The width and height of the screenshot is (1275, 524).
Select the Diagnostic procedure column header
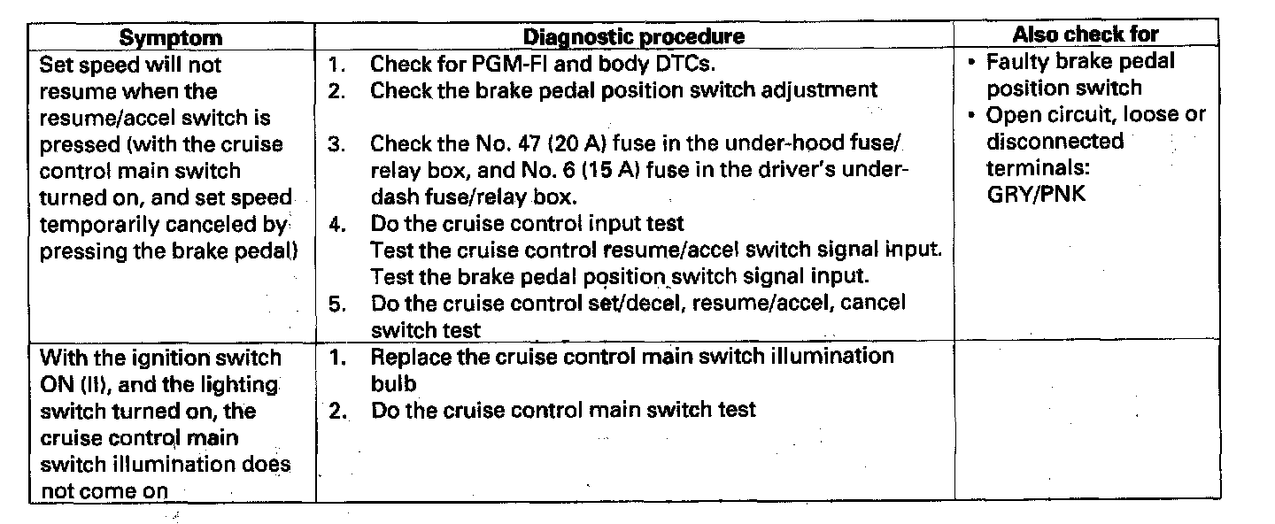coord(633,37)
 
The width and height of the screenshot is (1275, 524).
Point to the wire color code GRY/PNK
coord(1036,195)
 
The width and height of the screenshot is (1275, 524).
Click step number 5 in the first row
coord(336,304)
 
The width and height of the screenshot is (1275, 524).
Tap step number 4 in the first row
coord(336,224)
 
